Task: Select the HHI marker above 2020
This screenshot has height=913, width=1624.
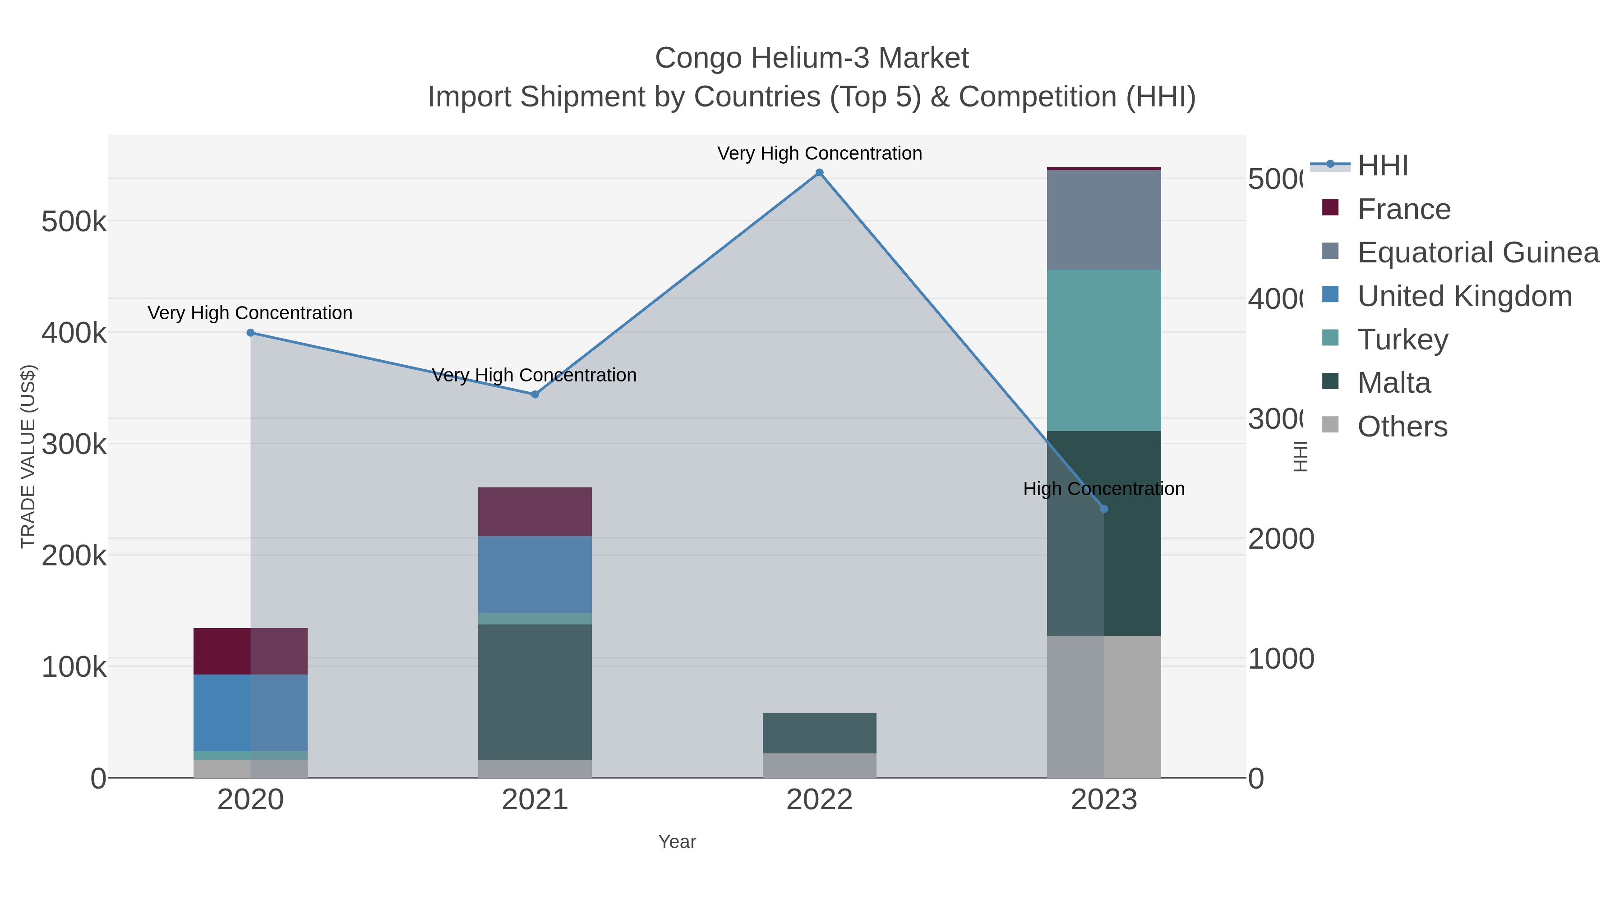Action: tap(250, 333)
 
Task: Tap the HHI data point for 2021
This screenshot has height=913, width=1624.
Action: tap(535, 395)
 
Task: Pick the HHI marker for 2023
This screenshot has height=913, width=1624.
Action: tap(1103, 509)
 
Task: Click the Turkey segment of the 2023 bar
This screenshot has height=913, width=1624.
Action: tap(1103, 350)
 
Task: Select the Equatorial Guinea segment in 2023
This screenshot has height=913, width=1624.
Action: tap(1103, 220)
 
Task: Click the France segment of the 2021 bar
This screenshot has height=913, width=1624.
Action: tap(535, 512)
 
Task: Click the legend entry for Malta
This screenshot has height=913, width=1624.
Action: tap(1394, 383)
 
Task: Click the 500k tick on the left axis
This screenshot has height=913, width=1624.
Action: tap(74, 222)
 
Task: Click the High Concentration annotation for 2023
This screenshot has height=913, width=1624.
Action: tap(1103, 489)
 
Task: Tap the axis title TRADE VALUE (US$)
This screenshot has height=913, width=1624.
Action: tap(28, 456)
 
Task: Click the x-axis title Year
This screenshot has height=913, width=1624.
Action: tap(677, 842)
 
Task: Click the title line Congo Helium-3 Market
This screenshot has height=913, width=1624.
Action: tap(812, 58)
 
